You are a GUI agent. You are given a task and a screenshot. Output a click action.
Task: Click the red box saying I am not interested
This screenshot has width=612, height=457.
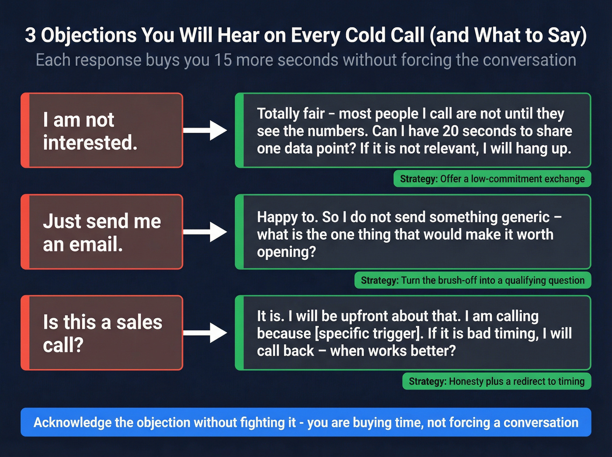pyautogui.click(x=102, y=130)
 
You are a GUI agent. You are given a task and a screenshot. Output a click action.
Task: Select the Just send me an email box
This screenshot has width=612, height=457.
pyautogui.click(x=102, y=232)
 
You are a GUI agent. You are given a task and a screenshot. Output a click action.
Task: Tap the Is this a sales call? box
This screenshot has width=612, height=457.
pyautogui.click(x=102, y=333)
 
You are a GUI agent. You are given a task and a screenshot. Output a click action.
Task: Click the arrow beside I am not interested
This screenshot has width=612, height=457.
pyautogui.click(x=205, y=130)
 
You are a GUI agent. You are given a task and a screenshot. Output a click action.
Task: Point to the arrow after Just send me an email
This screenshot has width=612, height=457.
pyautogui.click(x=205, y=232)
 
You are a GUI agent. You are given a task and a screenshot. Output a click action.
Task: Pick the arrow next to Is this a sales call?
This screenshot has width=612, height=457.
pyautogui.click(x=205, y=333)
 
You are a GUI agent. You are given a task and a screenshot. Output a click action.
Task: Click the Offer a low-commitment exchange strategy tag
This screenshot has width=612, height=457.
pyautogui.click(x=492, y=179)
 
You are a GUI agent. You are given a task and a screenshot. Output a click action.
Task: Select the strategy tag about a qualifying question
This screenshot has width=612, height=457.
pyautogui.click(x=473, y=280)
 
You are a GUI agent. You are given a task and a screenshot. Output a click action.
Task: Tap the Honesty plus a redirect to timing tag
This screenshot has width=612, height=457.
pyautogui.click(x=497, y=381)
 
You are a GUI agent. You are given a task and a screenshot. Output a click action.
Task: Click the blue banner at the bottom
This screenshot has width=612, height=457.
pyautogui.click(x=306, y=422)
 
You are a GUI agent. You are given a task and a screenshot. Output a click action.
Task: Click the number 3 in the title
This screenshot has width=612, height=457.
pyautogui.click(x=30, y=35)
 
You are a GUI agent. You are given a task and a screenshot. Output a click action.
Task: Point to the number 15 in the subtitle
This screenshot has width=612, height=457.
pyautogui.click(x=223, y=60)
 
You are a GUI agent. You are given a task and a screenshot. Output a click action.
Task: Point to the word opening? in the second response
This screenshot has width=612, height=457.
pyautogui.click(x=286, y=252)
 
